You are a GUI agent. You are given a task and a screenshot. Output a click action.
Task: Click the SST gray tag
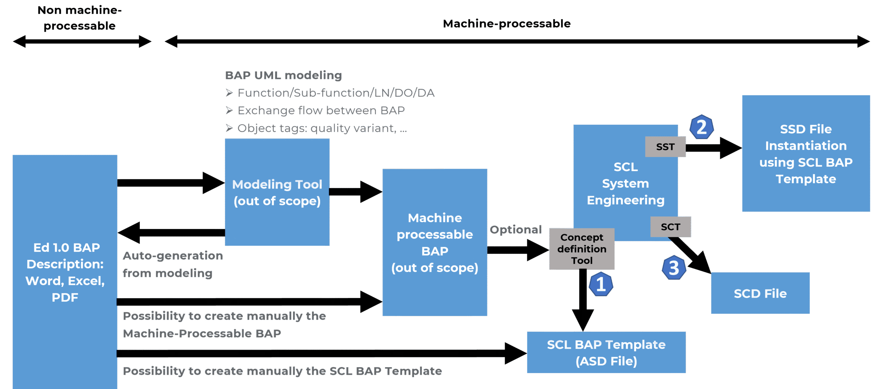665,147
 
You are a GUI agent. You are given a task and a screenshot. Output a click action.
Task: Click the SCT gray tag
671,227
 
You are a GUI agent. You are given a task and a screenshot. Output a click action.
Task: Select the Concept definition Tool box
582,249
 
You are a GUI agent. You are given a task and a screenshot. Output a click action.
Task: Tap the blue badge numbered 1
601,284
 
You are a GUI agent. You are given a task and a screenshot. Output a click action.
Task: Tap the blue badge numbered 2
702,127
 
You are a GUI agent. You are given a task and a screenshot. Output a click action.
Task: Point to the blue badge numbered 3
674,268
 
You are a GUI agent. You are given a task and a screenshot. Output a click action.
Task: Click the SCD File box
760,293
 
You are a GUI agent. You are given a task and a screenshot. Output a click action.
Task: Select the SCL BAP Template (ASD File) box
606,352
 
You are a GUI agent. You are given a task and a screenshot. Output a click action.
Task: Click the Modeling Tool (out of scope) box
277,192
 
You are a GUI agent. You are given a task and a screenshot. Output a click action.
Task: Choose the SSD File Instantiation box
806,153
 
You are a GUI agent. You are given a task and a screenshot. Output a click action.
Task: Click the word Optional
516,230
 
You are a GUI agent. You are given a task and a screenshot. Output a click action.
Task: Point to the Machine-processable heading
507,23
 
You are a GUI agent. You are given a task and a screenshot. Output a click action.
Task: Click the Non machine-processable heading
79,18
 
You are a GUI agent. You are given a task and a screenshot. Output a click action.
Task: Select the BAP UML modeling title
284,75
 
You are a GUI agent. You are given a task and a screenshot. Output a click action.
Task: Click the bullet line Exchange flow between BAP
315,110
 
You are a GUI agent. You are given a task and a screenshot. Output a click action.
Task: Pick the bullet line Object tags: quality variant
316,128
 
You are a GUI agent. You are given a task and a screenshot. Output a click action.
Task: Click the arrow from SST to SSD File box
714,148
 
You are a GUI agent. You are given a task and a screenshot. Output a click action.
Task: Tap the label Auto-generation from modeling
173,264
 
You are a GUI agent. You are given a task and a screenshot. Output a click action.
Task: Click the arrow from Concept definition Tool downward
583,300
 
